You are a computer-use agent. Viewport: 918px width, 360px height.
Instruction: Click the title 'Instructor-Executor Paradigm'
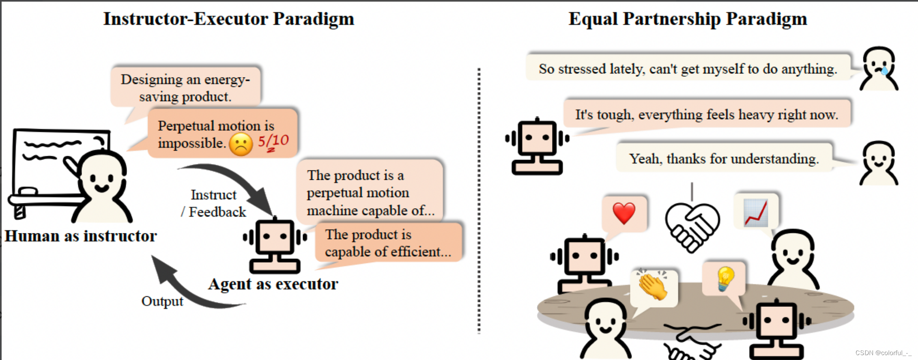[x=228, y=19]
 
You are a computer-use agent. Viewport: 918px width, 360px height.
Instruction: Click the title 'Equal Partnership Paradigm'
[x=688, y=19]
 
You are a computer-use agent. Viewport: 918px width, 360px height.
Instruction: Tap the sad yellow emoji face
[x=241, y=144]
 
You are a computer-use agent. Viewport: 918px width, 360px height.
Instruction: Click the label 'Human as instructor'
[x=81, y=236]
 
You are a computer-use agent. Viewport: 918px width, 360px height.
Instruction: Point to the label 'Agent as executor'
[x=273, y=284]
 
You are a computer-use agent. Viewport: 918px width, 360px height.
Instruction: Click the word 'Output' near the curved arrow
[x=162, y=301]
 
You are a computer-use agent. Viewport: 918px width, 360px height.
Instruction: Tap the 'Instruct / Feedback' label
[x=214, y=203]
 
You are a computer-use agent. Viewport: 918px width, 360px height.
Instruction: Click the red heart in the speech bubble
[x=624, y=213]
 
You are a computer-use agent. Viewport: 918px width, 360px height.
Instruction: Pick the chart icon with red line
[x=756, y=212]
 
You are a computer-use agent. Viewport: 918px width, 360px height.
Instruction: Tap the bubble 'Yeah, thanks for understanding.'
[x=724, y=159]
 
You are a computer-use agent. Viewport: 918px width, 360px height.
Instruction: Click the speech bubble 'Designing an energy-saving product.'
[x=185, y=88]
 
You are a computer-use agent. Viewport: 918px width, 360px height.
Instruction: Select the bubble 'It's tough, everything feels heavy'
[x=706, y=114]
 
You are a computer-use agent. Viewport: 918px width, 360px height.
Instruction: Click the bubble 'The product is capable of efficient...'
[x=388, y=243]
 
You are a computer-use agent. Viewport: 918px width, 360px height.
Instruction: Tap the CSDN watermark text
[x=883, y=353]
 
